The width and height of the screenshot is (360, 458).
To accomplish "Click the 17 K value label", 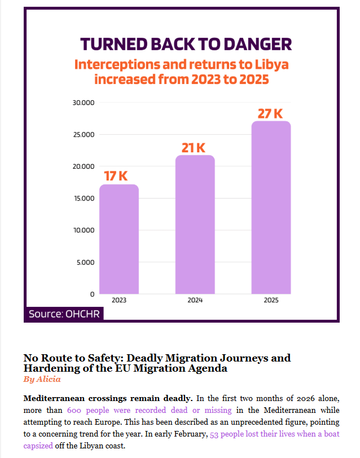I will [116, 176].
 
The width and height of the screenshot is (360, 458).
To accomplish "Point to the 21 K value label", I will [194, 148].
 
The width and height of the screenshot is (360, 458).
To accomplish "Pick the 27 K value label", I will [270, 113].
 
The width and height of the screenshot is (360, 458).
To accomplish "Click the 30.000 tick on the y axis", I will [84, 103].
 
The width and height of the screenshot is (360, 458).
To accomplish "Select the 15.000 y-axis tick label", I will [84, 199].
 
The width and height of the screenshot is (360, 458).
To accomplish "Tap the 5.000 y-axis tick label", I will [85, 262].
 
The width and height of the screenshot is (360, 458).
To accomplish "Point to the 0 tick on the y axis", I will [92, 294].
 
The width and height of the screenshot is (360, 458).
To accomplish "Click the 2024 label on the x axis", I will [195, 300].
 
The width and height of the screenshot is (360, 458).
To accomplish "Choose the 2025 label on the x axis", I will [271, 300].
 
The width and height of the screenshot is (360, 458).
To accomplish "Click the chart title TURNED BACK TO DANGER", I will [186, 45].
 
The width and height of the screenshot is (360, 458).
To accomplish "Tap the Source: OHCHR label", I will [64, 314].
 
